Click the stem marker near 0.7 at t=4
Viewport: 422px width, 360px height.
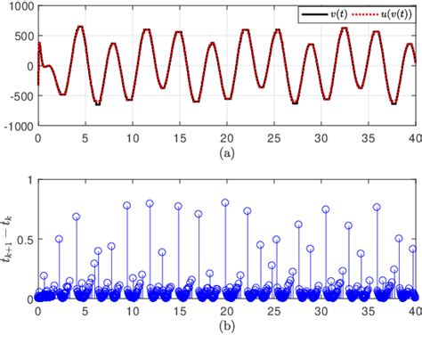click(x=76, y=217)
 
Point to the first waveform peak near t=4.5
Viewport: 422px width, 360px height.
click(x=80, y=27)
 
